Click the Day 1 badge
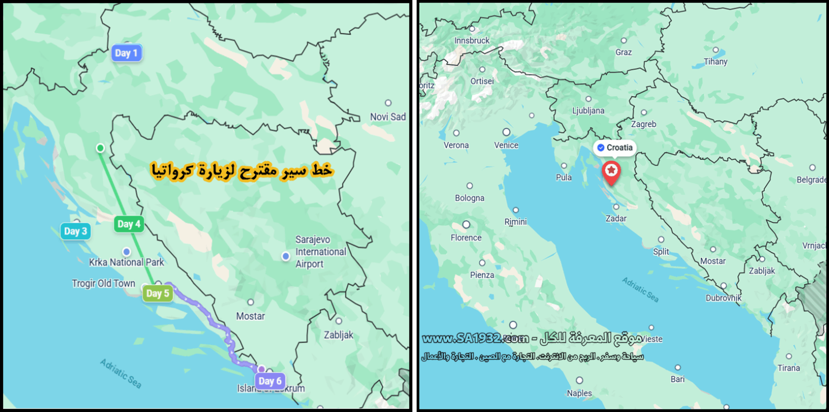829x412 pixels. (127, 53)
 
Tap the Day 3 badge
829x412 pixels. (76, 231)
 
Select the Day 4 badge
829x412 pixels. (129, 224)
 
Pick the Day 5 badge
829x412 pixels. (158, 293)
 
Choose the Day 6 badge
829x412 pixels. (270, 381)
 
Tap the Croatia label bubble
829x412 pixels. (615, 148)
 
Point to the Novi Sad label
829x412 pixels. (388, 116)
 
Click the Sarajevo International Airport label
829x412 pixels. (321, 252)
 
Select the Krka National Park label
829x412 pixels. (126, 262)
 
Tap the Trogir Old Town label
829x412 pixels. (104, 283)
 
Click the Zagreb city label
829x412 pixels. (643, 124)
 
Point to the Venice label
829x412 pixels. (506, 145)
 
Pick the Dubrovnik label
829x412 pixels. (723, 298)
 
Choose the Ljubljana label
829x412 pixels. (588, 111)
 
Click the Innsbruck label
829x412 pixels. (472, 40)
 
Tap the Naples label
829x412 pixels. (579, 393)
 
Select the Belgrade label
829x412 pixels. (812, 180)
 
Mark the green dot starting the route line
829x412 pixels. (100, 148)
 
